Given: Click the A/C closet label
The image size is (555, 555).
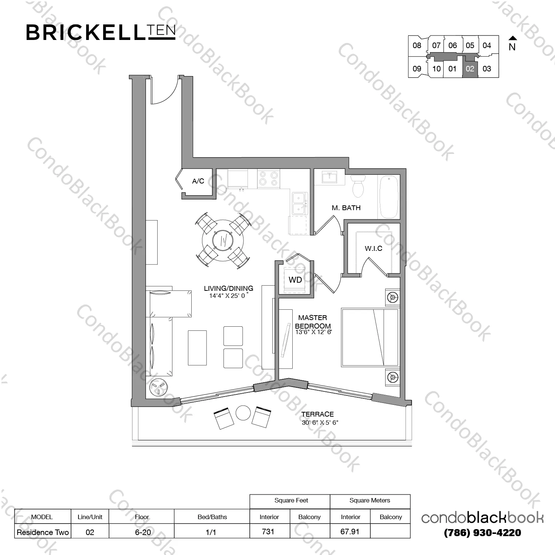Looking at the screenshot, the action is [x=198, y=181].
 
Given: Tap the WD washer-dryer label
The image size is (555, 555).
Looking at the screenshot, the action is [x=295, y=280].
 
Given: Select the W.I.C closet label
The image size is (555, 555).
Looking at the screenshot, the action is [x=373, y=248].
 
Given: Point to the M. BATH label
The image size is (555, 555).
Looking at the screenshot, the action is [x=346, y=208].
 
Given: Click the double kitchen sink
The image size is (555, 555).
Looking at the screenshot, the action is [x=299, y=203].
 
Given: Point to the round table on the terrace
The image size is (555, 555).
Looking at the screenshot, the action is [x=243, y=413].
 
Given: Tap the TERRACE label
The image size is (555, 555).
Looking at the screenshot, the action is [x=317, y=414].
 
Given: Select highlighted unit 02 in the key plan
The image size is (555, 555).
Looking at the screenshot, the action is [x=470, y=69].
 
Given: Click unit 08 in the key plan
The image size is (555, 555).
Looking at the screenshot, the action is [x=417, y=46].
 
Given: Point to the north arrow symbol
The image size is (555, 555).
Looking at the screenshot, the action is [x=512, y=38].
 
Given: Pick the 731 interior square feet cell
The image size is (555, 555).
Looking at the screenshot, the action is [x=268, y=532].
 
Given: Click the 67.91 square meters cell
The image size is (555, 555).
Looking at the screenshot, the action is [x=350, y=532].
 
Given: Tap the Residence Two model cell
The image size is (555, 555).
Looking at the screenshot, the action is [x=43, y=532].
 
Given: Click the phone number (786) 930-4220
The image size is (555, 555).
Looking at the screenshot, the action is [x=482, y=533].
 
